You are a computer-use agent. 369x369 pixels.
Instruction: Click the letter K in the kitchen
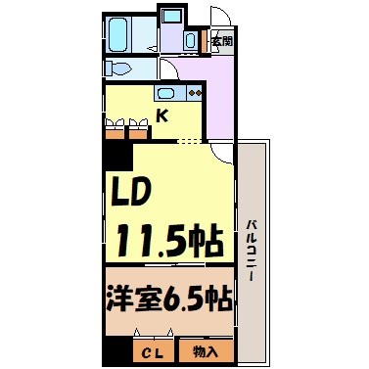(163, 115)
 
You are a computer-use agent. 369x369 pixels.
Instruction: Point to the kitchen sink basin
(165, 95)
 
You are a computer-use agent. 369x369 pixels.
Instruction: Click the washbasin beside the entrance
(189, 40)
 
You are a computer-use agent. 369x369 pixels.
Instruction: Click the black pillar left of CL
(117, 351)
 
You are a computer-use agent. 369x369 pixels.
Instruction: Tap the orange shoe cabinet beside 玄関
(204, 42)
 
